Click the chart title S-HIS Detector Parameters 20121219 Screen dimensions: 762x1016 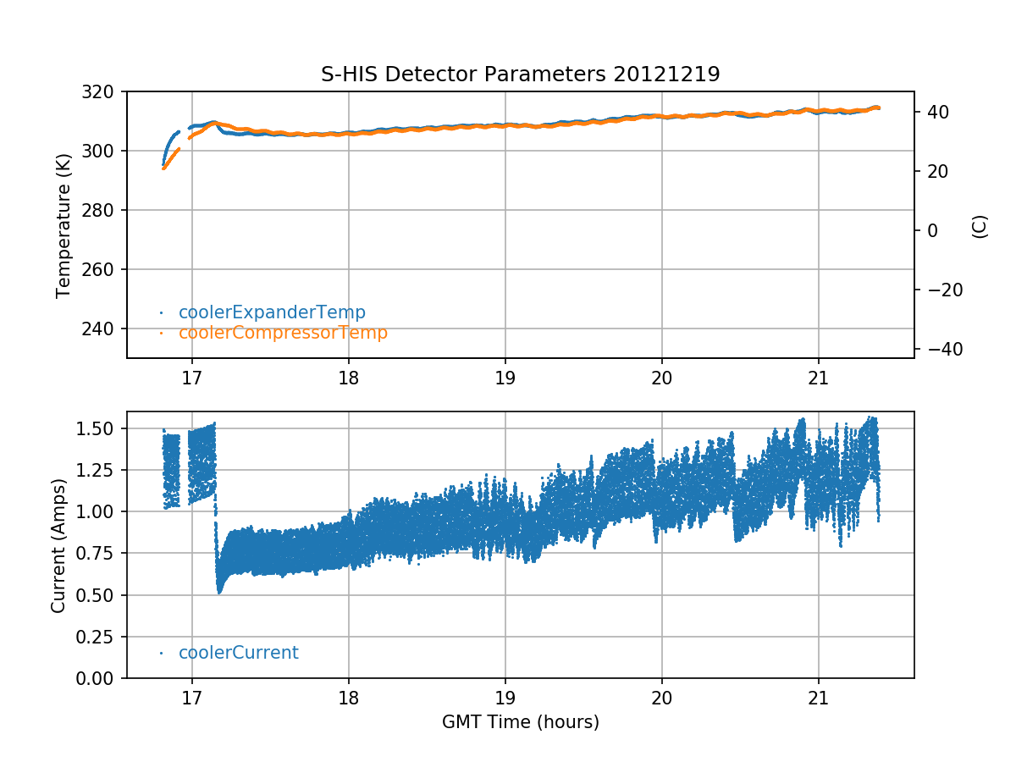(520, 74)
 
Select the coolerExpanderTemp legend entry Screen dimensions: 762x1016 (272, 312)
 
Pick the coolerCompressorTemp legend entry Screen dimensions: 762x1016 (283, 333)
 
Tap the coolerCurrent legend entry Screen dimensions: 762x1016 (238, 653)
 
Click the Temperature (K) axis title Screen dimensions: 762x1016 (63, 224)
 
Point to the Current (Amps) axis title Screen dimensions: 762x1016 (58, 544)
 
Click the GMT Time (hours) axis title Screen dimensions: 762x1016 (520, 722)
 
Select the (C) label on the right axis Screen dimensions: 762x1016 (980, 226)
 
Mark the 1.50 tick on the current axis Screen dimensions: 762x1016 (99, 428)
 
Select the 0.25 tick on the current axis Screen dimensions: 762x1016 (99, 637)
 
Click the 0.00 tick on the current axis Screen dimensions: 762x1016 (99, 678)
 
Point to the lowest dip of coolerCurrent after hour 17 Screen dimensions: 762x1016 (219, 591)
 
